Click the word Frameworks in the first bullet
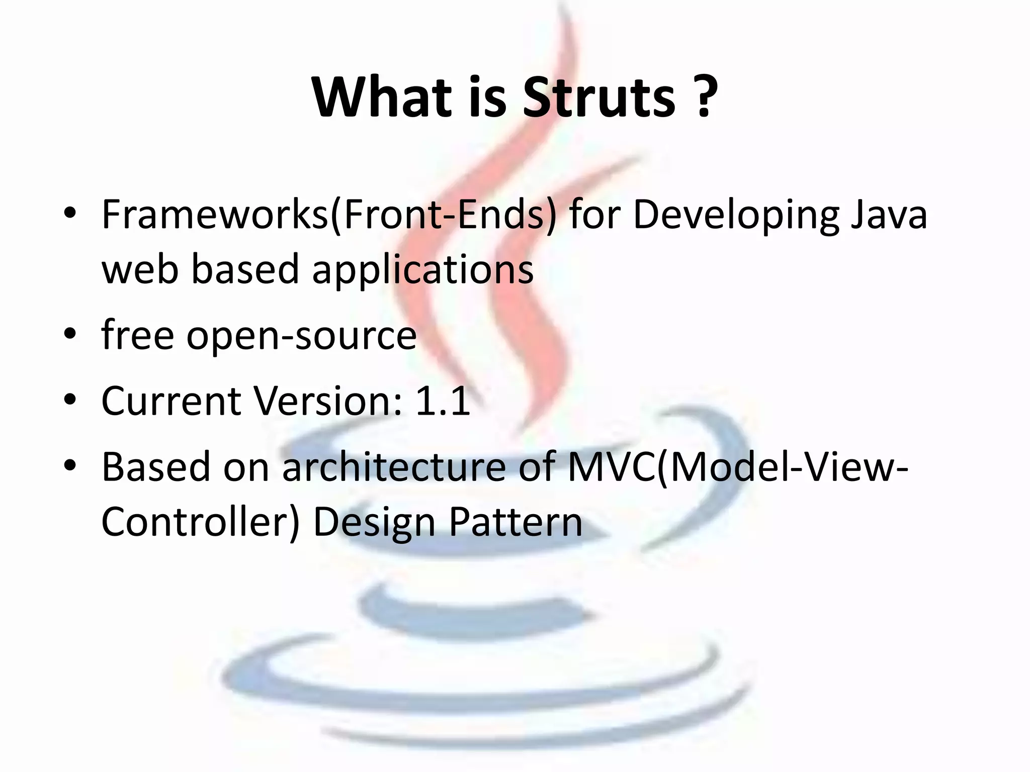pos(215,215)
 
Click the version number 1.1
pos(443,401)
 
